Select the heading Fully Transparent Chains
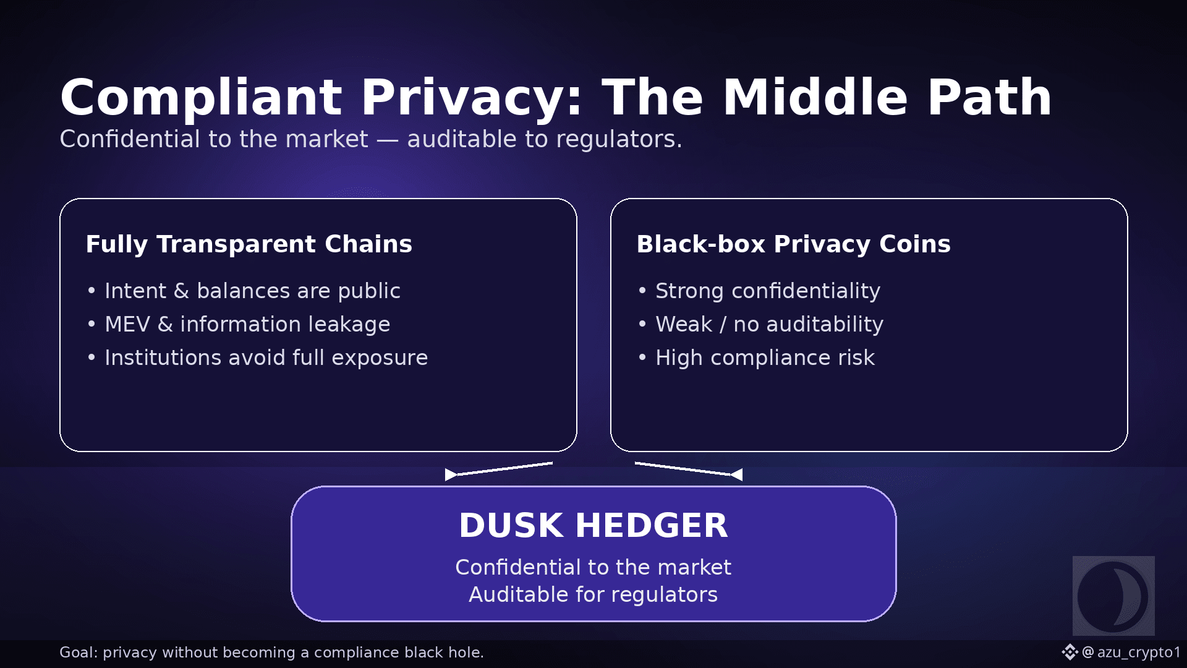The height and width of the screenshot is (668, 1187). pos(249,244)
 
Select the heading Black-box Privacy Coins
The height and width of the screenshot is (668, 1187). pos(793,244)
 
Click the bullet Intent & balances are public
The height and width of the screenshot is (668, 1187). pos(252,291)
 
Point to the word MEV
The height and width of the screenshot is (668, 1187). pos(127,324)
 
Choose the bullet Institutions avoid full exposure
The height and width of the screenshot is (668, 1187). pos(266,358)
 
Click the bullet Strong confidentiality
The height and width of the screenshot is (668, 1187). pos(767,291)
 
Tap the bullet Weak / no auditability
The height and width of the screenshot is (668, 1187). pos(769,324)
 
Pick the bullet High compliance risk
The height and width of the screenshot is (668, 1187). pos(765,358)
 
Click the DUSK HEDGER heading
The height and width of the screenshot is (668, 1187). pos(593,526)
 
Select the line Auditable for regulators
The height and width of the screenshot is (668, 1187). pos(593,594)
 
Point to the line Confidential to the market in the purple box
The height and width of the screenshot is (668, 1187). pos(593,567)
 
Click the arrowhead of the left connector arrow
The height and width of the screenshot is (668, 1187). pos(451,474)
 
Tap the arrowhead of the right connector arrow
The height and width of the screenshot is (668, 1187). pos(737,474)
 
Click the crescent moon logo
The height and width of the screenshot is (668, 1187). pos(1113,596)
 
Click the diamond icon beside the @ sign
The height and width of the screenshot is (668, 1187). pos(1070,652)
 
